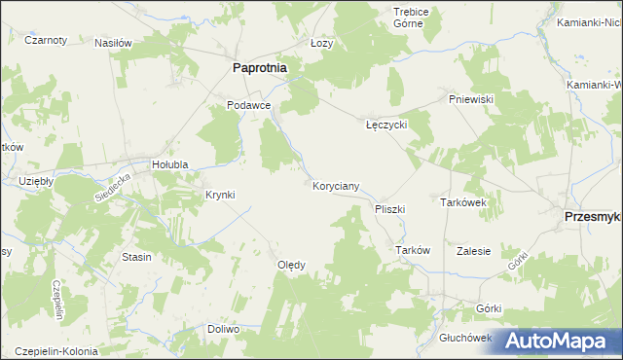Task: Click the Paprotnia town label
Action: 265,68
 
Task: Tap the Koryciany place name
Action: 337,185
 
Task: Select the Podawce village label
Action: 247,105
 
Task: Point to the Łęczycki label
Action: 385,126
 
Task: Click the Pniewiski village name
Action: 473,99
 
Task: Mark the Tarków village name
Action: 413,250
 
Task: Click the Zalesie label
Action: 473,250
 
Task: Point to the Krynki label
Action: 220,195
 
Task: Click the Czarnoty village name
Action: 46,40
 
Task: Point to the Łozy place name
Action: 321,44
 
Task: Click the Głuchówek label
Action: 466,338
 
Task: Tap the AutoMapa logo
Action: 560,341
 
